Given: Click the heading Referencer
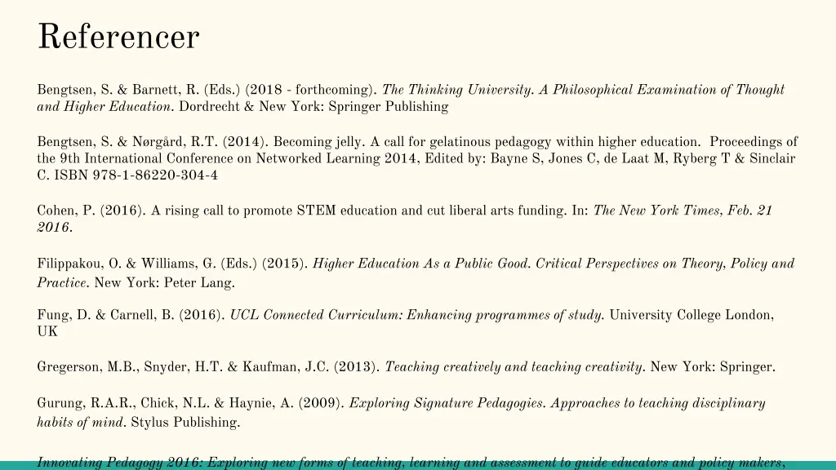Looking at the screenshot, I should pos(118,37).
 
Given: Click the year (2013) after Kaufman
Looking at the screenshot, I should pos(356,367).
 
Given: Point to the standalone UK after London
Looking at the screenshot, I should pos(47,332).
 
